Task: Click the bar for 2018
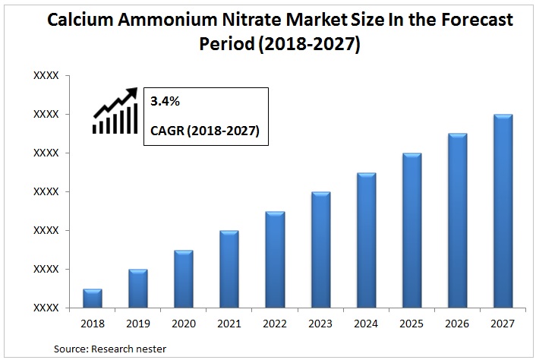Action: coord(92,298)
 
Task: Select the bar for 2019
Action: coord(137,289)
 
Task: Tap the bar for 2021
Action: coord(229,270)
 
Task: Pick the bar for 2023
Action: coord(320,250)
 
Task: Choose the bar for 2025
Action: coord(411,231)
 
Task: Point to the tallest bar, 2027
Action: coord(503,211)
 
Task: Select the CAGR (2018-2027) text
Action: coord(204,131)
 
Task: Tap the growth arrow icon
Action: coord(115,112)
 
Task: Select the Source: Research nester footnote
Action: coord(110,349)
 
